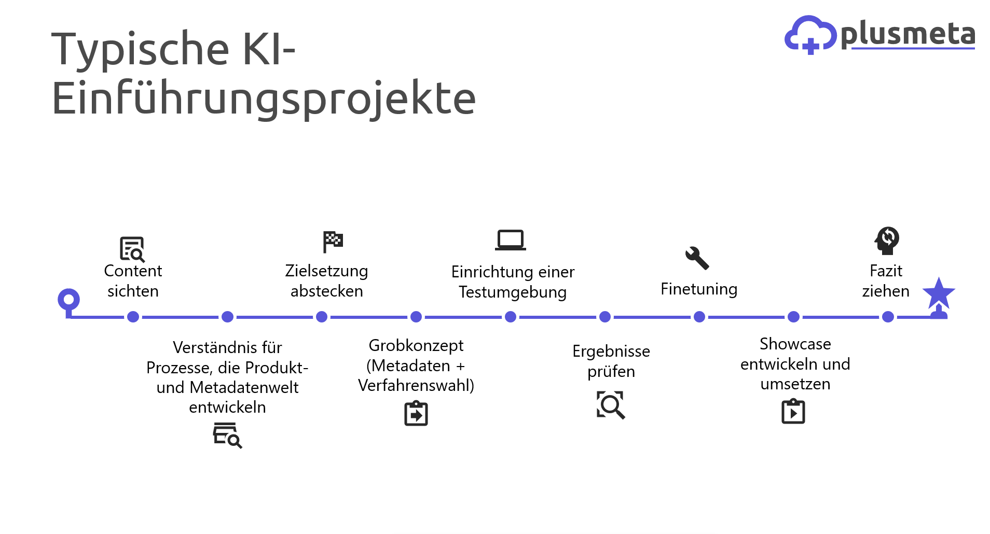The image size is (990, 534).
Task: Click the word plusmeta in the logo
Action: (908, 35)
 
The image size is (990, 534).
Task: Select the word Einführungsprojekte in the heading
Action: (264, 99)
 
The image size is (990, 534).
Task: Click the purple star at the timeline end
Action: (939, 293)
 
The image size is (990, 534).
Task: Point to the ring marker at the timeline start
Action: (68, 299)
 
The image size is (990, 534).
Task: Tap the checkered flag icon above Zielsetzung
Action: (333, 242)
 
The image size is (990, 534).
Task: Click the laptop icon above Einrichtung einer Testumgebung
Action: (511, 240)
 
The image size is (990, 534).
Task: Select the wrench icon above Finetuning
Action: (697, 258)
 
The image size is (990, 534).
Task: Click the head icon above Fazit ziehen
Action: (887, 241)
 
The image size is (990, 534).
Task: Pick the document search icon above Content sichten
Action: (132, 249)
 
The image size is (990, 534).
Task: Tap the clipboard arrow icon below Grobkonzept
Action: (416, 413)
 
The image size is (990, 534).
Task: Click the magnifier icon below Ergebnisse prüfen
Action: (611, 405)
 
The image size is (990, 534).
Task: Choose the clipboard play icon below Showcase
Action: (793, 411)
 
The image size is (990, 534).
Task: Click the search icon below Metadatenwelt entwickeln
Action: (227, 435)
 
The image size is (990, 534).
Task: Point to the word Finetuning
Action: (699, 289)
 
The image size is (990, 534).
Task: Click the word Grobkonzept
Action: (416, 345)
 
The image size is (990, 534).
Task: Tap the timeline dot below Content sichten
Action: (133, 317)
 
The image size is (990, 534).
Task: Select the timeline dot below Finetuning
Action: (699, 317)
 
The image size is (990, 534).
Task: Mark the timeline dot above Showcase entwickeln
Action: (793, 317)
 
